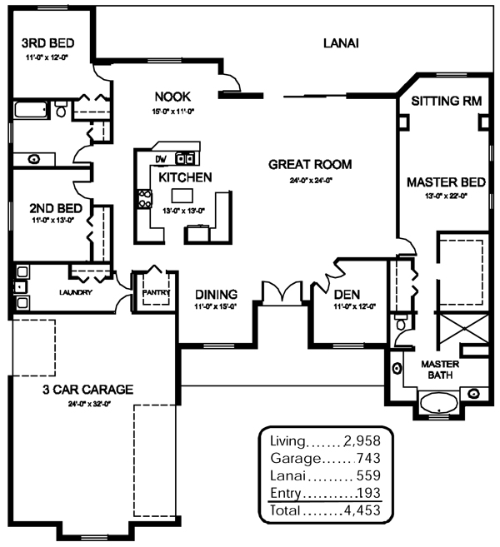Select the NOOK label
point(173,96)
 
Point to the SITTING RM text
point(448,102)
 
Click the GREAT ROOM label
point(310,164)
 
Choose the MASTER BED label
point(442,182)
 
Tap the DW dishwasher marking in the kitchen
point(161,158)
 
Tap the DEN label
point(346,294)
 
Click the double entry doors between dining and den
point(281,294)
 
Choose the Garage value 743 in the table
point(370,458)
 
